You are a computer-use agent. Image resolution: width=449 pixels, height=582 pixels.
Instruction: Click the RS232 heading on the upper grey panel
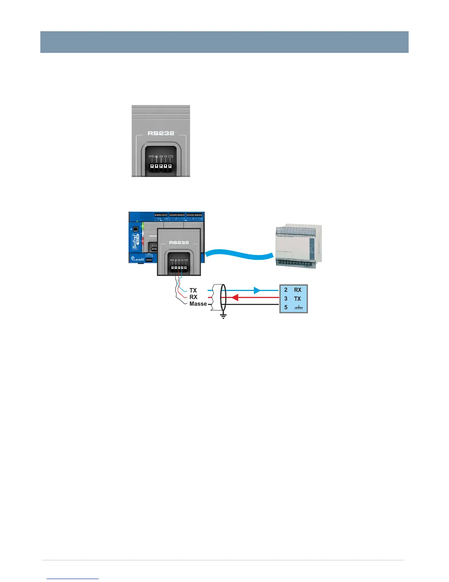coord(161,133)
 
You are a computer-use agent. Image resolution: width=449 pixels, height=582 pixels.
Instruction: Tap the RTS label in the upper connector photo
coord(152,157)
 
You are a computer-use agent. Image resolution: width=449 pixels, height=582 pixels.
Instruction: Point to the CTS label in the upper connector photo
coord(171,157)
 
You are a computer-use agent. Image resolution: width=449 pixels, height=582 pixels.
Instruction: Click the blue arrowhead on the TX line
coord(257,290)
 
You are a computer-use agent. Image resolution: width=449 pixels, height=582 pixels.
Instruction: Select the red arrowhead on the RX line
coord(236,297)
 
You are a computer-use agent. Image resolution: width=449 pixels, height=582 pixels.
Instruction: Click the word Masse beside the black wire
coord(198,304)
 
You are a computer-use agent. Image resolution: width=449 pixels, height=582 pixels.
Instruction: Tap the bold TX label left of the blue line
coord(193,290)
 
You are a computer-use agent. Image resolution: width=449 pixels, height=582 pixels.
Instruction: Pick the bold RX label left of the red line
coord(193,297)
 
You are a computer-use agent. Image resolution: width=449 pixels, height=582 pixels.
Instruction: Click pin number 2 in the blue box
coord(286,290)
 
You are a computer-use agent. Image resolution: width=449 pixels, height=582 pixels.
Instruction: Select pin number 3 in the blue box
coord(286,299)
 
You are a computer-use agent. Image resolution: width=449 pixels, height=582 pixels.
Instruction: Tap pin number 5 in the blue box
coord(286,307)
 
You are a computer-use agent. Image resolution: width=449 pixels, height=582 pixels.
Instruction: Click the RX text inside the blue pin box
coord(297,290)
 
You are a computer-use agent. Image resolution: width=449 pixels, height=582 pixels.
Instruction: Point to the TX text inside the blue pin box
coord(297,299)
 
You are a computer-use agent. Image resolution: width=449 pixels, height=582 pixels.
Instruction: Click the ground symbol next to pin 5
coord(299,308)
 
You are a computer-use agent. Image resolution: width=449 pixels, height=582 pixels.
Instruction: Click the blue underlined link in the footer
coord(73,578)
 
